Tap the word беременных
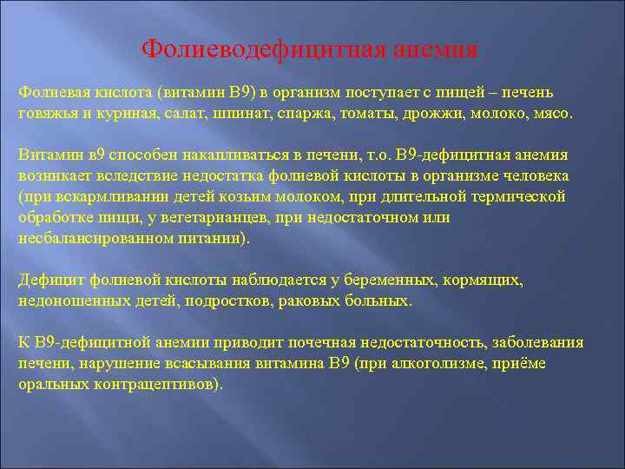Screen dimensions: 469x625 coord(378,281)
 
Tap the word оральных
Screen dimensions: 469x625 coord(52,385)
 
